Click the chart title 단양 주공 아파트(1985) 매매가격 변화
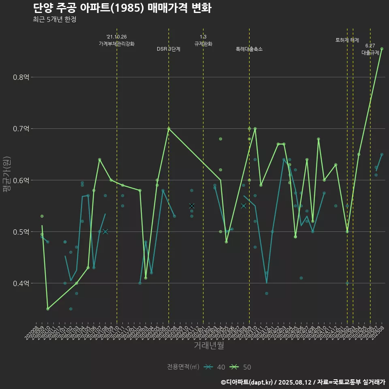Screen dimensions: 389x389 tap(122, 8)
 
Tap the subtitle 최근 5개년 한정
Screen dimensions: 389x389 tap(55, 19)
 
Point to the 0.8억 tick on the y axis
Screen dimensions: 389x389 tap(21, 77)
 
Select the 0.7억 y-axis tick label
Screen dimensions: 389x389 tap(21, 129)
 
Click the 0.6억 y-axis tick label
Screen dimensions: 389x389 tap(21, 180)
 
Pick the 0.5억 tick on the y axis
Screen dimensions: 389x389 tap(21, 232)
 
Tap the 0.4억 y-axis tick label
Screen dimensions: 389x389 tap(21, 283)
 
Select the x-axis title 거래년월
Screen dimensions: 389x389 tap(209, 346)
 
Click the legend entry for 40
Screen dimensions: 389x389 tap(215, 367)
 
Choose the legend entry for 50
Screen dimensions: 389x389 tap(240, 367)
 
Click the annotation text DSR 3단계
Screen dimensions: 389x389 tap(169, 49)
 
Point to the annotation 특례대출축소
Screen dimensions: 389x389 tap(249, 49)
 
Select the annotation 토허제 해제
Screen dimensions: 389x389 tap(347, 40)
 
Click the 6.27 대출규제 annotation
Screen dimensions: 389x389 tap(370, 49)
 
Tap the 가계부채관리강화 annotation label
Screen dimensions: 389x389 tap(117, 43)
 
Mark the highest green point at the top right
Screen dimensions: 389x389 tap(382, 49)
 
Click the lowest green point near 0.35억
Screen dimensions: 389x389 tap(48, 309)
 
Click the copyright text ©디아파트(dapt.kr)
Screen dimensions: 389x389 tap(247, 382)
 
